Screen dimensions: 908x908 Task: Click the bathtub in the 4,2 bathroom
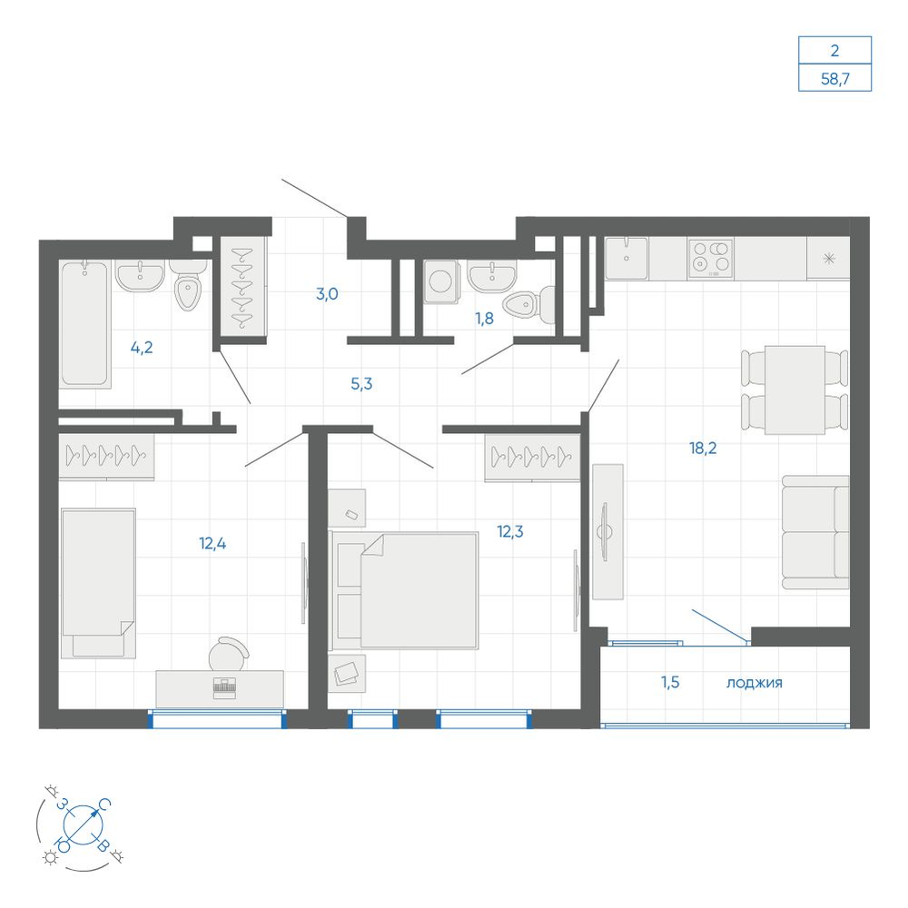click(x=84, y=323)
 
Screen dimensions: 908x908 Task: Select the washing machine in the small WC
click(x=441, y=281)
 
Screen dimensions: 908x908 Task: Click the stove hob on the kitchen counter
click(x=711, y=258)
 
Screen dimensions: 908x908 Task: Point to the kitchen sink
click(x=627, y=258)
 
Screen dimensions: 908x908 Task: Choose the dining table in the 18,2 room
click(x=794, y=390)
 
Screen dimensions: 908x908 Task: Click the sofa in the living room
click(x=815, y=532)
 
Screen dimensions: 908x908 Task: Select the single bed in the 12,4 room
click(x=98, y=583)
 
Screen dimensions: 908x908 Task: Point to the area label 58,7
click(x=835, y=79)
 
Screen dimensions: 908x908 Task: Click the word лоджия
click(x=754, y=683)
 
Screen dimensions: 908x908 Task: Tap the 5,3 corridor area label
click(x=361, y=383)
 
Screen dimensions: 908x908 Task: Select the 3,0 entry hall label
click(x=327, y=294)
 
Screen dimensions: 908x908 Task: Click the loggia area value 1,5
click(x=670, y=682)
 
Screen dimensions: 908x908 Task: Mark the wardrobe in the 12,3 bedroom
click(x=532, y=457)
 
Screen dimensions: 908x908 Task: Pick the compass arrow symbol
click(x=83, y=824)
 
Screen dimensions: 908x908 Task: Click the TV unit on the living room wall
click(x=607, y=531)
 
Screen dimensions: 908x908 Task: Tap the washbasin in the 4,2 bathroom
click(x=140, y=275)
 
